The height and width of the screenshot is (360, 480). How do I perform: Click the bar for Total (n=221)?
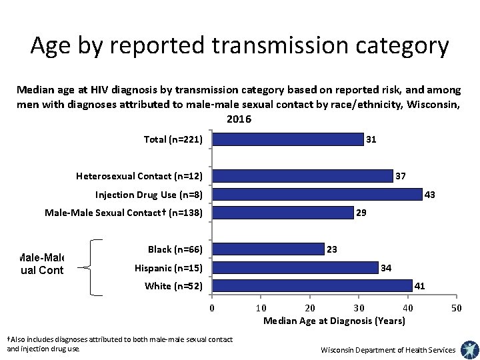tap(288, 139)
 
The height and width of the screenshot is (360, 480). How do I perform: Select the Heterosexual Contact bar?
tap(303, 176)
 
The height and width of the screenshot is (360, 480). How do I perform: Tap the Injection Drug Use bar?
tap(317, 195)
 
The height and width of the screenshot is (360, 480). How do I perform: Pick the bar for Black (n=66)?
tap(268, 249)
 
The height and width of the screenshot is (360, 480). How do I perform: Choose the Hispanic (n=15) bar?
tap(295, 268)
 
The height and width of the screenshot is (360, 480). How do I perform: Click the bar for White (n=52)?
tap(312, 286)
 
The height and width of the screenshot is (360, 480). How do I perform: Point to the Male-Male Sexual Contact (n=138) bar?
tap(283, 213)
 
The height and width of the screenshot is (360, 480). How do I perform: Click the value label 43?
tap(430, 195)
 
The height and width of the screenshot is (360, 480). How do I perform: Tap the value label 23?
tap(331, 249)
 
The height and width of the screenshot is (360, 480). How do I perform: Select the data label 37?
tap(401, 176)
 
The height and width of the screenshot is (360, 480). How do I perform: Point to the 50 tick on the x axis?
tap(456, 308)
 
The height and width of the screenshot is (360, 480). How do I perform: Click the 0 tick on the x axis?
tap(212, 308)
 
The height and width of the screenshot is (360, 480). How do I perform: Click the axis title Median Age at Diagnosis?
tap(334, 321)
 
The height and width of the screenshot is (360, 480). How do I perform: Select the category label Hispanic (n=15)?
tap(168, 268)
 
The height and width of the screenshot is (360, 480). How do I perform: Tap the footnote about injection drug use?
tap(119, 344)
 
